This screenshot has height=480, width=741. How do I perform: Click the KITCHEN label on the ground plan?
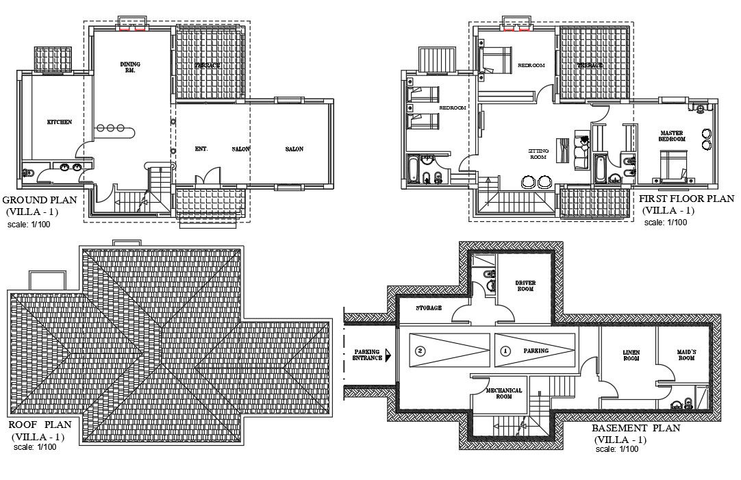pos(59,122)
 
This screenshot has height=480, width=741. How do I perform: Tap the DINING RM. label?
pos(130,67)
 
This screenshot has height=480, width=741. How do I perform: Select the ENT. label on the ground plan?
pos(201,149)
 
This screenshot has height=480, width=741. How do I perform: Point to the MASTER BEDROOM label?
pos(672,136)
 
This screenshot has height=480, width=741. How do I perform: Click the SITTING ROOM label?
pos(538,153)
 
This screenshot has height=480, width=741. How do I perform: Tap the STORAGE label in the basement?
pos(429,308)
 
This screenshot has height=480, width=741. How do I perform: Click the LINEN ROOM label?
pos(631,355)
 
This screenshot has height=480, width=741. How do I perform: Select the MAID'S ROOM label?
pos(686,355)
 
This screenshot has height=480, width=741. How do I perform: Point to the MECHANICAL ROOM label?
pos(504,393)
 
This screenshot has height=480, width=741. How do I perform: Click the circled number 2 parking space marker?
pos(420,351)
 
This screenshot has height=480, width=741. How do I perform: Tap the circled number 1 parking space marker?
pos(505,351)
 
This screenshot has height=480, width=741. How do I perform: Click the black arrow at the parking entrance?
pos(388,355)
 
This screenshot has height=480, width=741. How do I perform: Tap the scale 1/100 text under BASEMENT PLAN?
pos(617,449)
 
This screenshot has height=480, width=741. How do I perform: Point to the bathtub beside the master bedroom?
pos(601,169)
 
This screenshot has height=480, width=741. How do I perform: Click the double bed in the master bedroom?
pos(673,165)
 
